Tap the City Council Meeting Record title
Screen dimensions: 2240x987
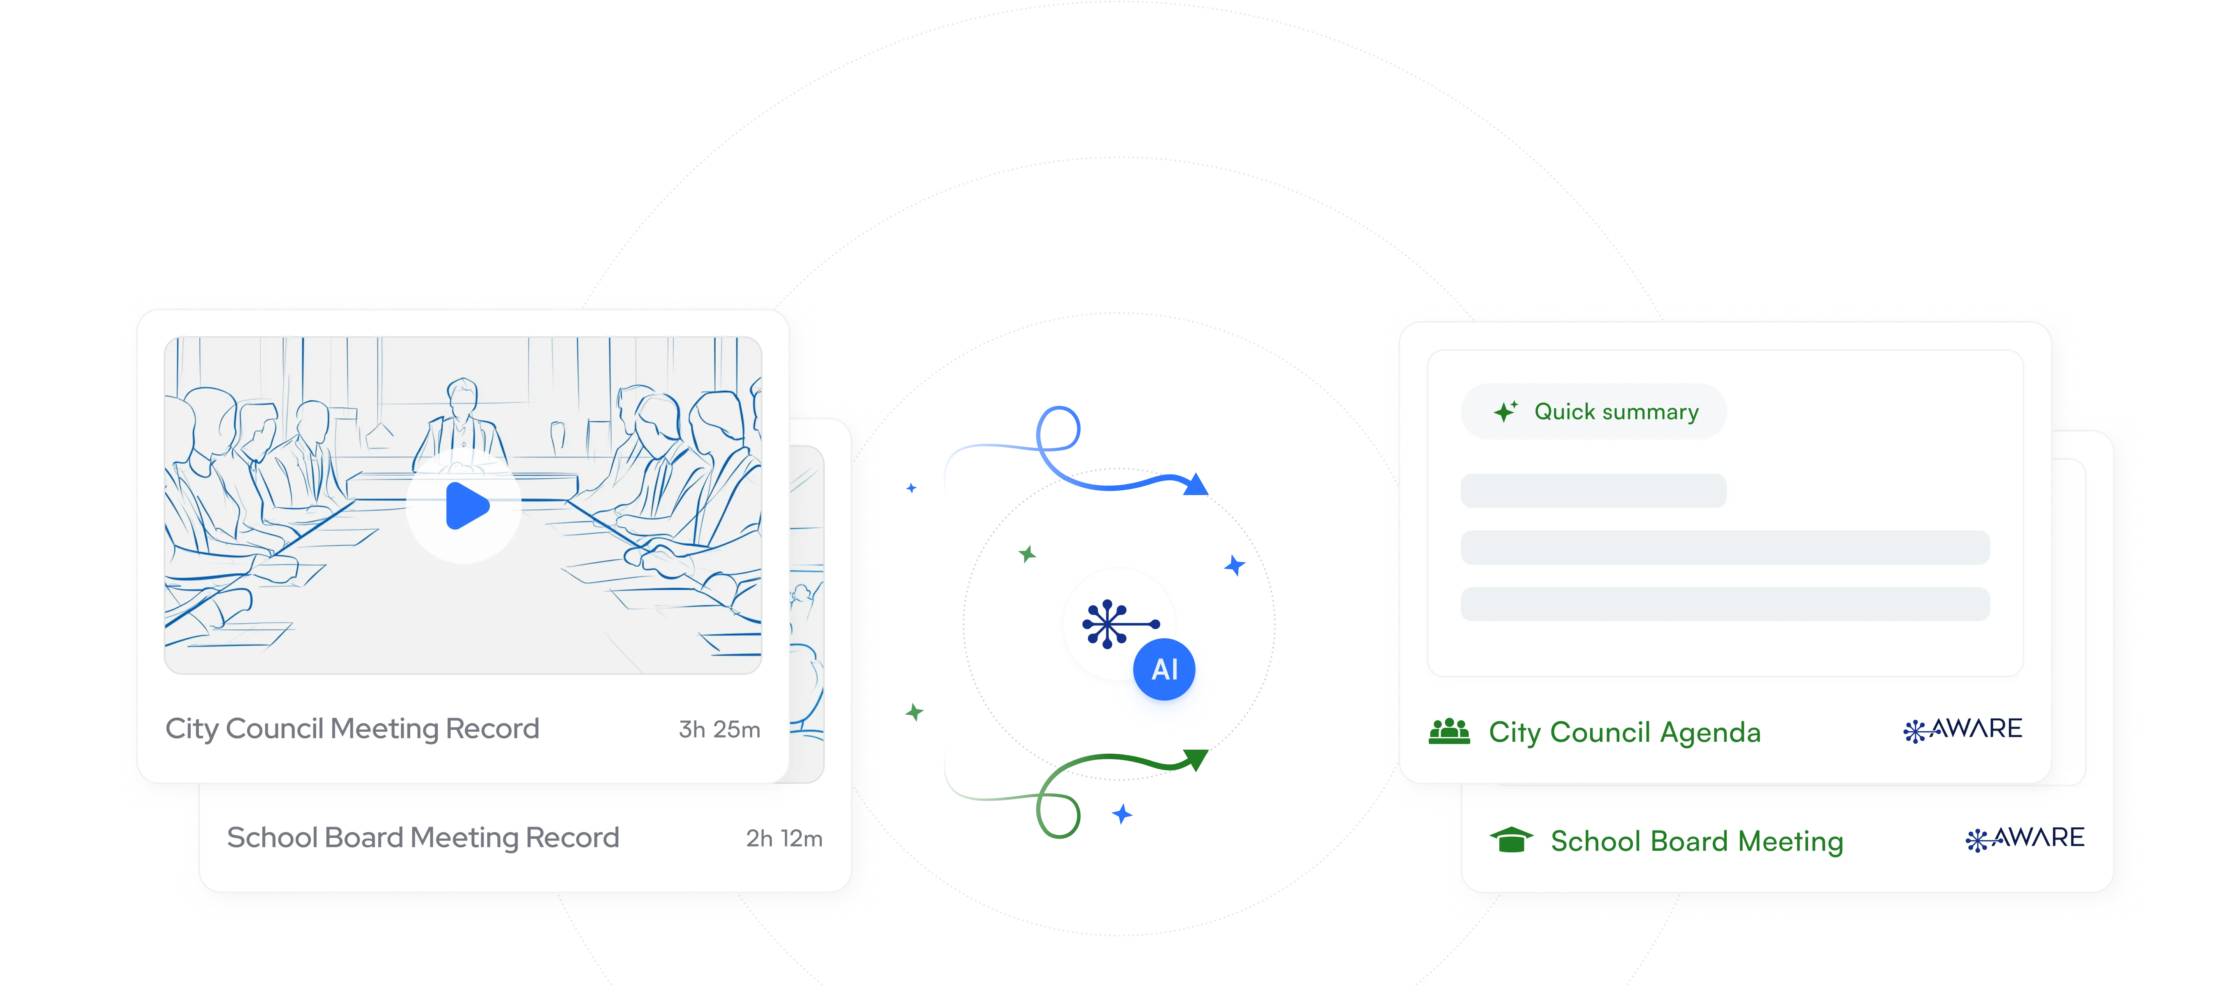pos(352,729)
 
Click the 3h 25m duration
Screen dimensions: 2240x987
pos(719,730)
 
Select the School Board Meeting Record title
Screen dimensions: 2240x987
pos(423,838)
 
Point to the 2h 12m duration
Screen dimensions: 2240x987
pos(783,838)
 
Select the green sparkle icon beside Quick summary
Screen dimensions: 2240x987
pos(1505,411)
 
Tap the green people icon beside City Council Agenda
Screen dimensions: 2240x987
pos(1449,731)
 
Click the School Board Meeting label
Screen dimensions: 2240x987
pos(1696,841)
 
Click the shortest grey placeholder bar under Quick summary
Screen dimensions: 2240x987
pos(1593,490)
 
